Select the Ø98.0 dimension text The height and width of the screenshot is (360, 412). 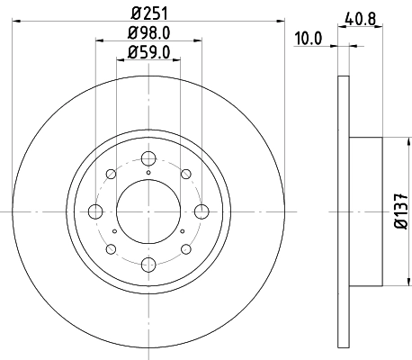148,35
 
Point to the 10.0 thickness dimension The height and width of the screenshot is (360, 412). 309,37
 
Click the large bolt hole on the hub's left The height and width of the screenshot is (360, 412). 95,212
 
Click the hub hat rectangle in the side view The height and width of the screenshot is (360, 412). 366,212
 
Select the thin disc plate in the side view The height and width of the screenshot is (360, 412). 344,212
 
